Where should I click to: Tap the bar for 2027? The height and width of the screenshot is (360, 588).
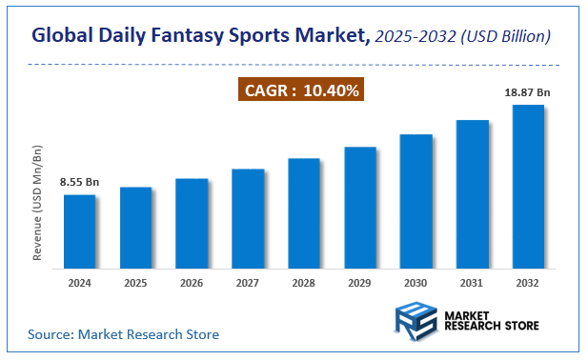click(248, 218)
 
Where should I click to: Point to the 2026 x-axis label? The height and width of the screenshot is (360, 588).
click(192, 284)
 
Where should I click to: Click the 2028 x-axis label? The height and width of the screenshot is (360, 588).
click(304, 284)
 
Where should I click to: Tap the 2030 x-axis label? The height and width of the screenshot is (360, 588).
click(416, 284)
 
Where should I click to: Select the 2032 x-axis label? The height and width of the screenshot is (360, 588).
click(528, 284)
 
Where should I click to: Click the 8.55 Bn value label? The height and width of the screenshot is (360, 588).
click(80, 181)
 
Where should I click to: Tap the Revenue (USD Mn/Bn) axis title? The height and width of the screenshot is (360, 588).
click(39, 204)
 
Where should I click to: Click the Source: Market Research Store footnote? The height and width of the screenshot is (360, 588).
click(124, 334)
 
